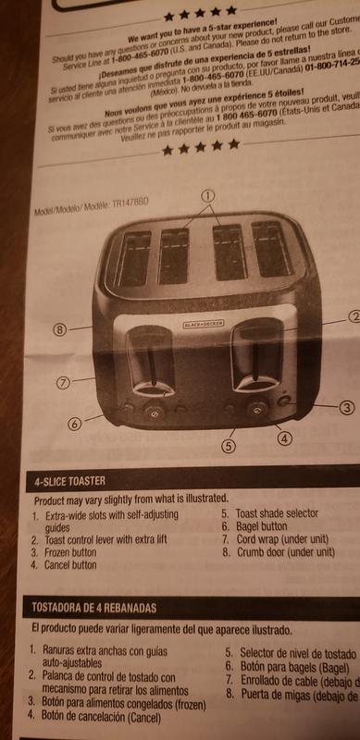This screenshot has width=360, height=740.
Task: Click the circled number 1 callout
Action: (207, 195)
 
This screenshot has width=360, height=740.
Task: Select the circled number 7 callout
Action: (62, 380)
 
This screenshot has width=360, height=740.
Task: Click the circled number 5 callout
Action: (229, 445)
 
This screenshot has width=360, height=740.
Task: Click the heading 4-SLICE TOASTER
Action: (70, 482)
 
